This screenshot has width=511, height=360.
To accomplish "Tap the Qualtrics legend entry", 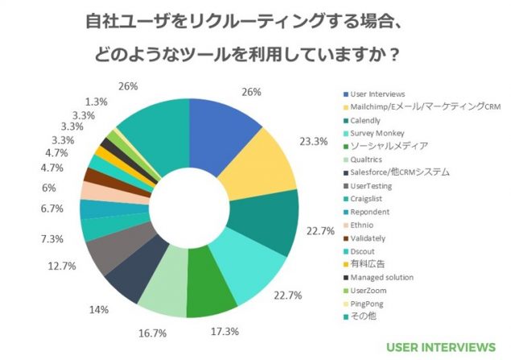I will [368, 159].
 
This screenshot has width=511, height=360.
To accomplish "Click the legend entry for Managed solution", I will [382, 276].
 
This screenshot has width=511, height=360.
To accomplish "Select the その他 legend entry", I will [363, 315].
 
